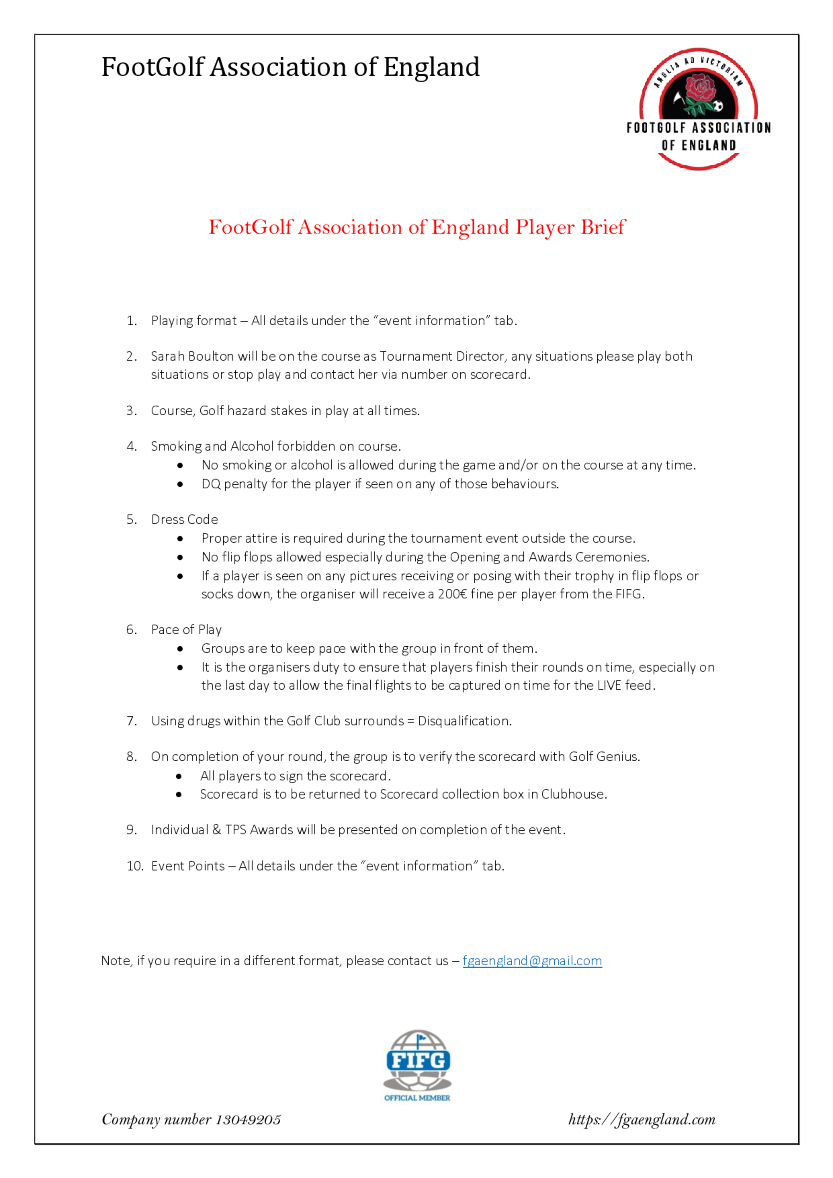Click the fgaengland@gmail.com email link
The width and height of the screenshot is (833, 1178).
(532, 961)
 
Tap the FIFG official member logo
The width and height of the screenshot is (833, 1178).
(417, 1065)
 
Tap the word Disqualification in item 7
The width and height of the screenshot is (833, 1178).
(464, 721)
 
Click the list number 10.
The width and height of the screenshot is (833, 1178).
(135, 866)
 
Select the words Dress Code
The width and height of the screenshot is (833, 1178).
(184, 520)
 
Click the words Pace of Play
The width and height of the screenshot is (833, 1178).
(186, 630)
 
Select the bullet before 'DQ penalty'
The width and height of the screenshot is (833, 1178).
(180, 484)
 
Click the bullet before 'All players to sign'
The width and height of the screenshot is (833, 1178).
(179, 776)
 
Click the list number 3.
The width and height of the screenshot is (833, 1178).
(132, 411)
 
